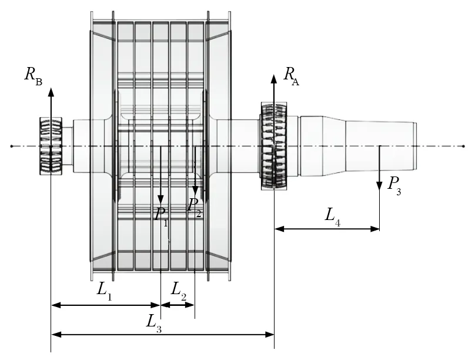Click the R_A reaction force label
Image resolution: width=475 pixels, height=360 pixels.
click(291, 76)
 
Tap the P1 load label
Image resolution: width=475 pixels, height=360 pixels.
click(161, 215)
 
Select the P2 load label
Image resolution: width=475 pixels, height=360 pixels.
click(194, 206)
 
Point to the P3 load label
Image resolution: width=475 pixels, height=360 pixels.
click(394, 184)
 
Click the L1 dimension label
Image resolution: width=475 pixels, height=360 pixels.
click(105, 290)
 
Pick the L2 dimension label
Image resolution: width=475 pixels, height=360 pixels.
click(179, 290)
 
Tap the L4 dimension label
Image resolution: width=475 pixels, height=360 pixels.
click(333, 215)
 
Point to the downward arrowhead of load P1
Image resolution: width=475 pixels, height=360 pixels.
click(160, 202)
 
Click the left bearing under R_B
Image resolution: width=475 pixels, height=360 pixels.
click(51, 146)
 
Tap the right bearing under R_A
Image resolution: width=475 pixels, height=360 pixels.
click(274, 146)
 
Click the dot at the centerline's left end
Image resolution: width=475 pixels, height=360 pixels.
click(11, 146)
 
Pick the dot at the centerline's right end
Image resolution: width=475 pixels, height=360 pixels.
click(463, 146)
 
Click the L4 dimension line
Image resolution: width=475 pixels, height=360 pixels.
click(327, 228)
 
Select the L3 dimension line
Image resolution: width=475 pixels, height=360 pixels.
click(163, 335)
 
